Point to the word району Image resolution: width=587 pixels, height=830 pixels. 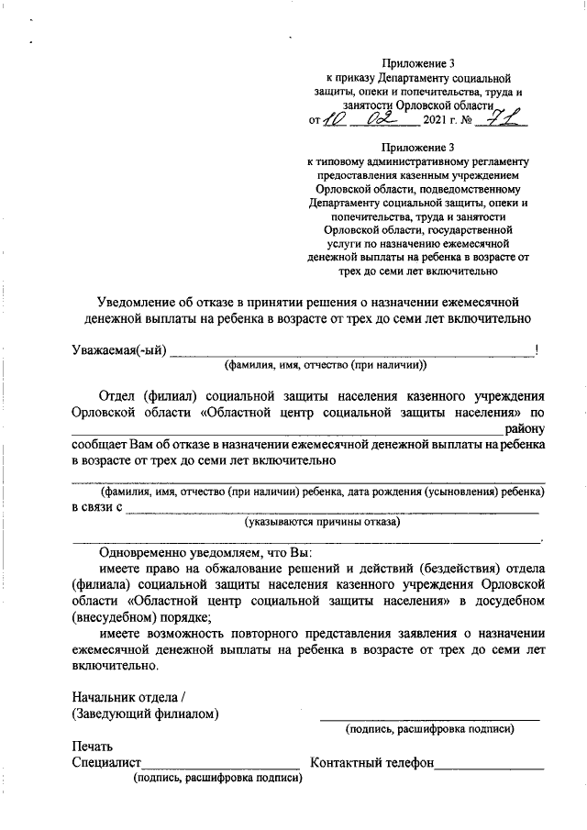[x=520, y=427]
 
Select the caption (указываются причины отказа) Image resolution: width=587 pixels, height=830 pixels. [x=322, y=523]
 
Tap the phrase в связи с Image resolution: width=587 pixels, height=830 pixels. [x=96, y=507]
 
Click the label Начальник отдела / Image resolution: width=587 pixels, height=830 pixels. [x=127, y=696]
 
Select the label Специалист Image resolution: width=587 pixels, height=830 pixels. [x=105, y=762]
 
